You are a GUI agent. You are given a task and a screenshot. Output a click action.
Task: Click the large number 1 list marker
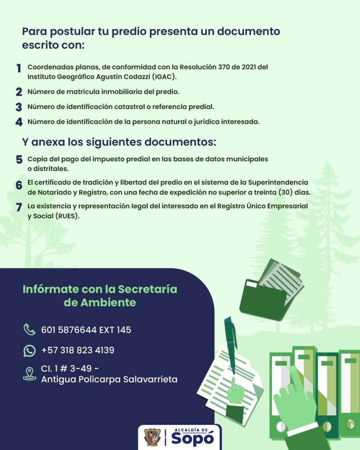(18, 69)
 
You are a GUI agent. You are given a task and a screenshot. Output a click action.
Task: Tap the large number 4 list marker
(19, 122)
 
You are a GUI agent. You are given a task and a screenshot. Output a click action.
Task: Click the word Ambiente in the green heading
(108, 303)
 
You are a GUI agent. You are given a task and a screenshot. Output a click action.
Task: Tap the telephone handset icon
(29, 329)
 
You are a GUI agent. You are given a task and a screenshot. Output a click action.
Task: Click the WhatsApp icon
(29, 350)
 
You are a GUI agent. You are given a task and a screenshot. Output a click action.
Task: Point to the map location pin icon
(29, 374)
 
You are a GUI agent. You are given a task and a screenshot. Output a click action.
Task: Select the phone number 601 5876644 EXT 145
(86, 330)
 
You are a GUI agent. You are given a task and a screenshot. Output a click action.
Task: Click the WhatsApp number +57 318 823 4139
(78, 350)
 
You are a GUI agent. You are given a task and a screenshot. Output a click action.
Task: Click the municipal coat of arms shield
(153, 437)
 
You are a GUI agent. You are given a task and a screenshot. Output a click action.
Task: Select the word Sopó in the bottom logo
(192, 439)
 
